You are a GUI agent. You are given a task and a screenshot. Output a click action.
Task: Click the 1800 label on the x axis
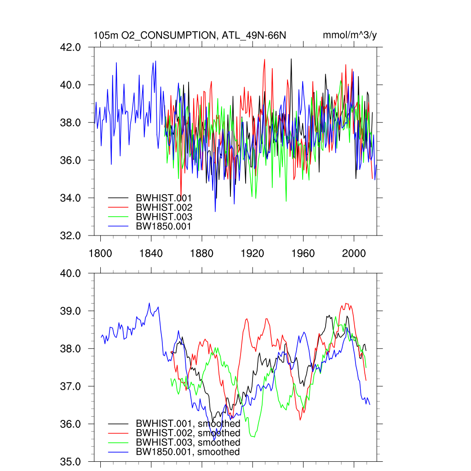(100, 253)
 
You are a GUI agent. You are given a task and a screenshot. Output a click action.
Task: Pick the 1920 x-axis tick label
(252, 253)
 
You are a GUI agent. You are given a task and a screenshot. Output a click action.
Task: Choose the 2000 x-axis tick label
(354, 253)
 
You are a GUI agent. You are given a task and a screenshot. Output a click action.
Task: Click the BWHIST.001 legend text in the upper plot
(163, 198)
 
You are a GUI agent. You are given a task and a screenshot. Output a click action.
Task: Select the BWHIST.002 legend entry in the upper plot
(163, 207)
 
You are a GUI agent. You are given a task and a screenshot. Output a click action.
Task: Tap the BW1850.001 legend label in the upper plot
(163, 226)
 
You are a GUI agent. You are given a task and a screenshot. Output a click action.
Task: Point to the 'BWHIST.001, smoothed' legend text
(188, 424)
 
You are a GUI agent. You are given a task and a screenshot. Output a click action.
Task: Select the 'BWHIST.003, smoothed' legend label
(188, 442)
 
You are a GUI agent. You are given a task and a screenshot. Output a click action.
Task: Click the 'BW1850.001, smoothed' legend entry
(188, 452)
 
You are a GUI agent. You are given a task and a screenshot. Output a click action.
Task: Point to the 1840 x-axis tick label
(151, 253)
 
